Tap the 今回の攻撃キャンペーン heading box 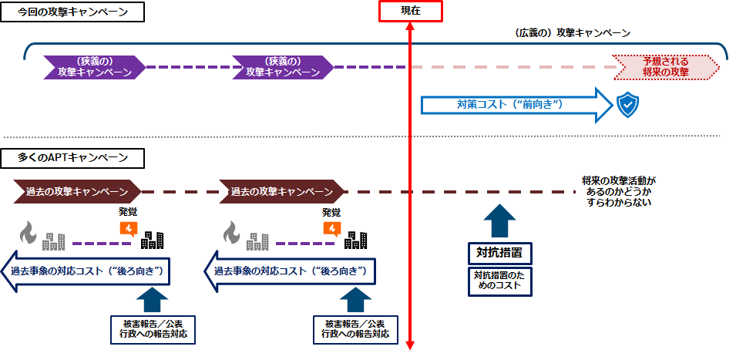[x=73, y=12]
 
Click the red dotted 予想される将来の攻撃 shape [x=666, y=66]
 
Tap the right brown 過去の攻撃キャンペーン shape [x=281, y=190]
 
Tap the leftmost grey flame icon [x=27, y=230]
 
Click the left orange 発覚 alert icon [x=128, y=228]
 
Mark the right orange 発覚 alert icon [x=331, y=228]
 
